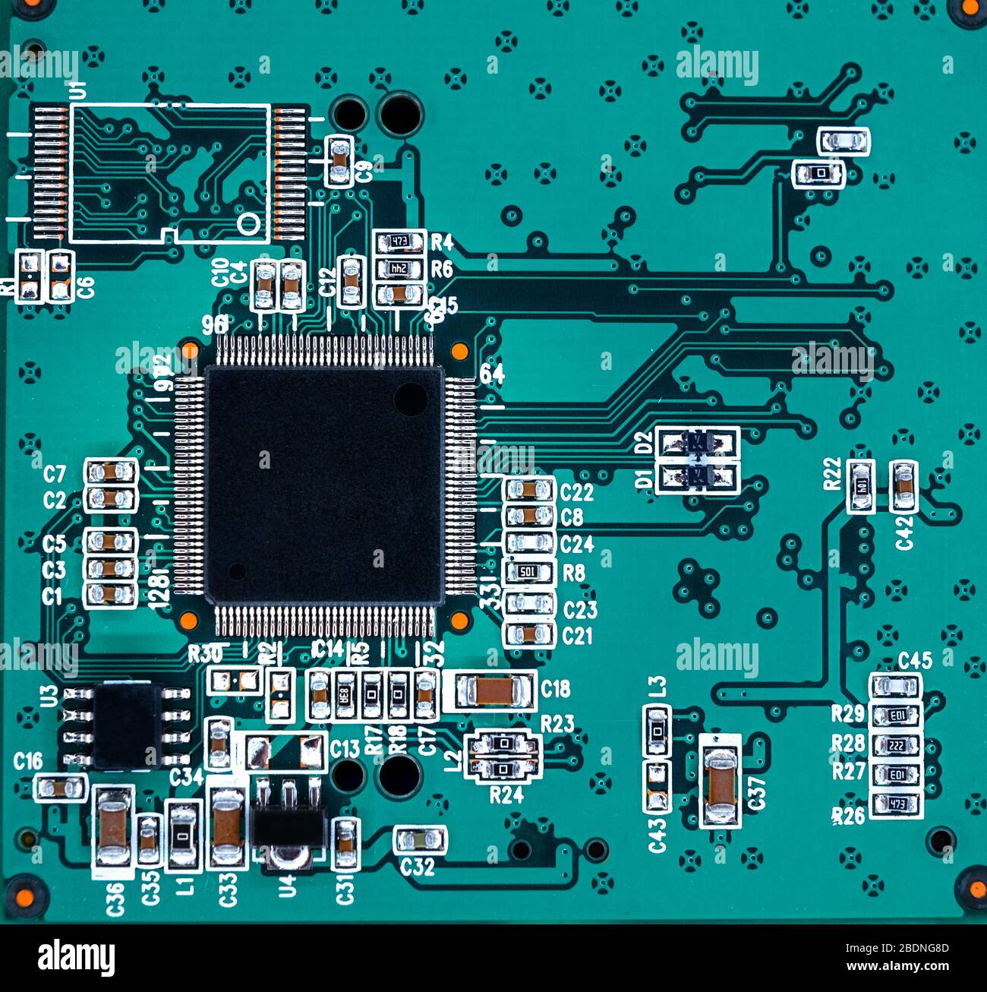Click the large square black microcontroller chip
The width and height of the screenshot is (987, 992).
tap(324, 484)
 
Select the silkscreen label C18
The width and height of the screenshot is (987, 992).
tap(556, 688)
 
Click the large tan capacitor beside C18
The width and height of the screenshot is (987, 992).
tap(494, 690)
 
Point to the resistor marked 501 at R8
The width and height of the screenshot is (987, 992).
tap(529, 572)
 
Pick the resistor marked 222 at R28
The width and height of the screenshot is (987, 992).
tap(896, 745)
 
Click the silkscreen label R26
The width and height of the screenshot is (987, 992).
tap(848, 816)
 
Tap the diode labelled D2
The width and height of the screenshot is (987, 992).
tap(698, 441)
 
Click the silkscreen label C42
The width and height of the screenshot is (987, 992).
tap(904, 532)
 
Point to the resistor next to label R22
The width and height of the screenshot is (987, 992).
tap(860, 485)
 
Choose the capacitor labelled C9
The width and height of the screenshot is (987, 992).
tap(339, 161)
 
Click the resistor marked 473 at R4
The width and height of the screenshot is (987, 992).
tap(399, 242)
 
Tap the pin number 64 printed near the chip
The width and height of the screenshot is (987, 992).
tap(492, 374)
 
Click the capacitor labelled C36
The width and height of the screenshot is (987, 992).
tap(113, 826)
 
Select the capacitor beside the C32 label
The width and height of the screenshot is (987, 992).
tap(420, 839)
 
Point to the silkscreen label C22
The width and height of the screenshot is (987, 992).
tap(576, 493)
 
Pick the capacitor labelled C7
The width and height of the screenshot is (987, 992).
tap(111, 472)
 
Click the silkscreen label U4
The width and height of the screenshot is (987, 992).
tap(287, 885)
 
